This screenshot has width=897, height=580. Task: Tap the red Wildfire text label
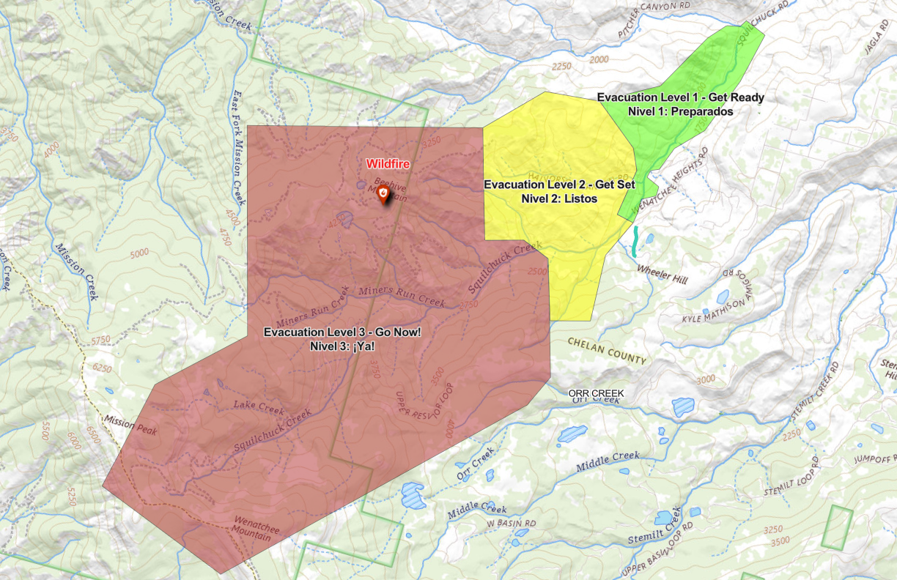(x=388, y=165)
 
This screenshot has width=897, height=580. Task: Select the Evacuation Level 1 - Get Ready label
(x=680, y=97)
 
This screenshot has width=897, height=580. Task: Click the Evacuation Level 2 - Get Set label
(x=559, y=185)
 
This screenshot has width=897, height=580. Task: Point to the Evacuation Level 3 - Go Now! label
(x=342, y=332)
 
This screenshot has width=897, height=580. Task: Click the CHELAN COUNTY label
(x=607, y=351)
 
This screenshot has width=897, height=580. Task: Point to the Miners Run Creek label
(x=402, y=291)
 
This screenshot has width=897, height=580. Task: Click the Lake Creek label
(x=258, y=405)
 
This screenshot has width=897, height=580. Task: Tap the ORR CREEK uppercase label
(x=596, y=393)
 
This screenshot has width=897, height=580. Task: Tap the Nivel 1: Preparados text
(x=680, y=111)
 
